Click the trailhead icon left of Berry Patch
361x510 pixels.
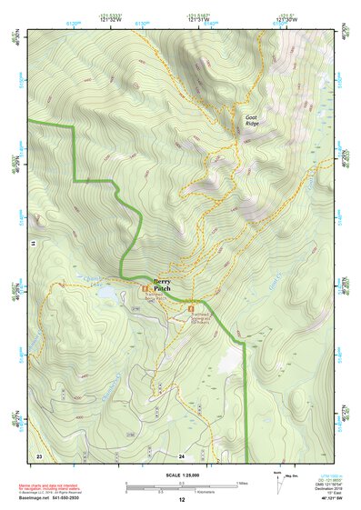coord(145,291)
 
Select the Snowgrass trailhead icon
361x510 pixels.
coord(191,309)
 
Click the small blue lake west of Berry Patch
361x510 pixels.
coord(107,294)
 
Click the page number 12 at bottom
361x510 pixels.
coord(181,501)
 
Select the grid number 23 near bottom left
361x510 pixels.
coord(39,455)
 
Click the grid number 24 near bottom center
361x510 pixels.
coord(182,455)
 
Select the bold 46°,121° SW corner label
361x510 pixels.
coord(328,501)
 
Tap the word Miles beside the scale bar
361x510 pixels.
coord(241,483)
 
